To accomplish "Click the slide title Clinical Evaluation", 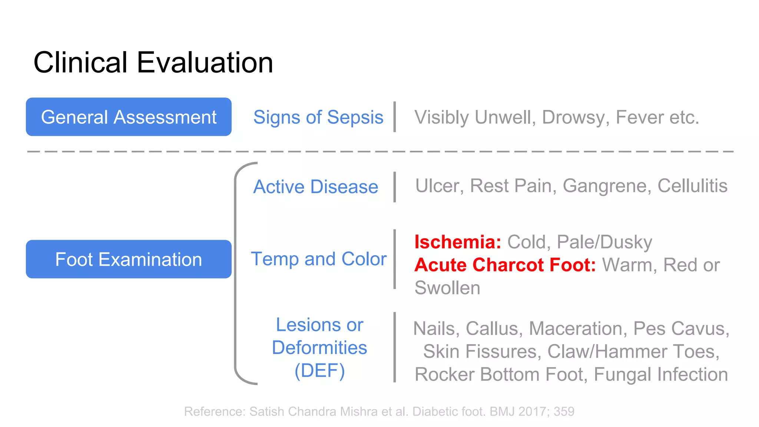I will click(153, 63).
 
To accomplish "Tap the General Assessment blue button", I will click(129, 117).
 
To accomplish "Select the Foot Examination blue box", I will click(129, 259).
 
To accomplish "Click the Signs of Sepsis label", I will click(318, 117).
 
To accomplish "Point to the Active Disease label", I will click(315, 186).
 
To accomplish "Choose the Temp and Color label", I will click(319, 259).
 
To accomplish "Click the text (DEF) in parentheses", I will click(319, 371).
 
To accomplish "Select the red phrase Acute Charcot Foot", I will click(505, 265).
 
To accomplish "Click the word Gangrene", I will click(607, 186).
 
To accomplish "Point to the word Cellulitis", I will click(692, 186).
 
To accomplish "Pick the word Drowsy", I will click(576, 117).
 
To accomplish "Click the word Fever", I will click(640, 117).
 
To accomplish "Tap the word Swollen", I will click(447, 288).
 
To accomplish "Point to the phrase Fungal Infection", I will click(661, 374).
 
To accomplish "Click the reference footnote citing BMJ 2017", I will click(379, 411).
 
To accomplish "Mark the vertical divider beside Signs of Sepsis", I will click(395, 117).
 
